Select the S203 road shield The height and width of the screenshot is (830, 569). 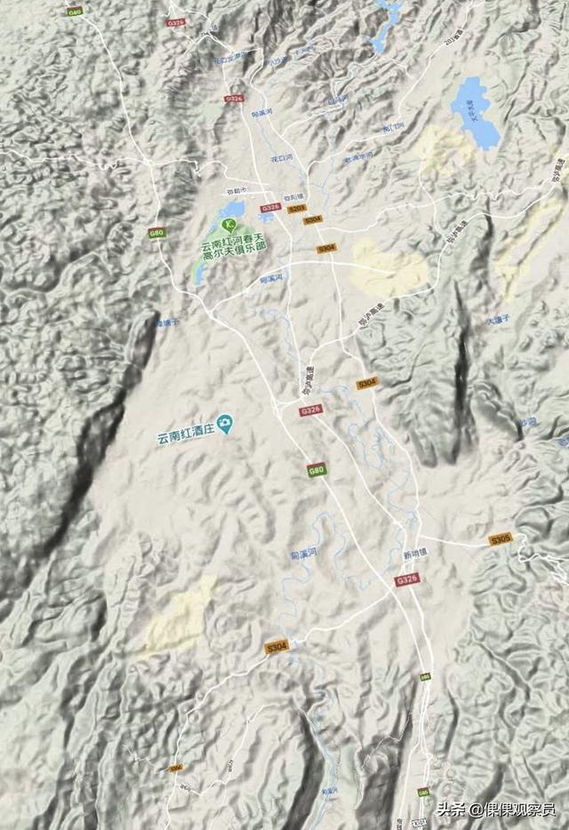pos(296,209)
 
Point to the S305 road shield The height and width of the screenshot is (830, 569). pos(501,539)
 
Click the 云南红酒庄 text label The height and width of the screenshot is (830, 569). pos(186,433)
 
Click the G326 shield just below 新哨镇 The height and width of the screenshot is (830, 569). pos(406,579)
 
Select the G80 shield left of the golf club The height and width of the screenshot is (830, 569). pos(156,233)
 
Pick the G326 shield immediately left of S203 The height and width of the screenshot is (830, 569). pos(270,208)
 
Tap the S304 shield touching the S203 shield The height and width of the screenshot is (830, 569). pos(313,219)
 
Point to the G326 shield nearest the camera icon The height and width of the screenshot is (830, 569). pos(310,410)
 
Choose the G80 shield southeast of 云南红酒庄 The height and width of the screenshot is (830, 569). pos(316,470)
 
